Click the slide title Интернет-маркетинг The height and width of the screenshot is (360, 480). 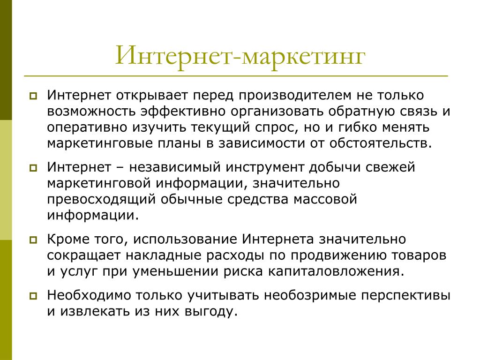240,55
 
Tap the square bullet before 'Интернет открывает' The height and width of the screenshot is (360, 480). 33,96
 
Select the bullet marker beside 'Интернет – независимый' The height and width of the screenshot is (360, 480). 33,168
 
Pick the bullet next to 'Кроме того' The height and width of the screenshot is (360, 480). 33,240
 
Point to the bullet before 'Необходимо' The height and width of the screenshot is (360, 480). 33,296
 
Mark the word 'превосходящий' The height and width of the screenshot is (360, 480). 101,200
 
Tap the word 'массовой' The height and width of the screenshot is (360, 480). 325,200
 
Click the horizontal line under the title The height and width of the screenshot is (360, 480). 236,75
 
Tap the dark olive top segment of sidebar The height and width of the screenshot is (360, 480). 6,60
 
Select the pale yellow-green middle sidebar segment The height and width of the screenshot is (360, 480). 6,180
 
